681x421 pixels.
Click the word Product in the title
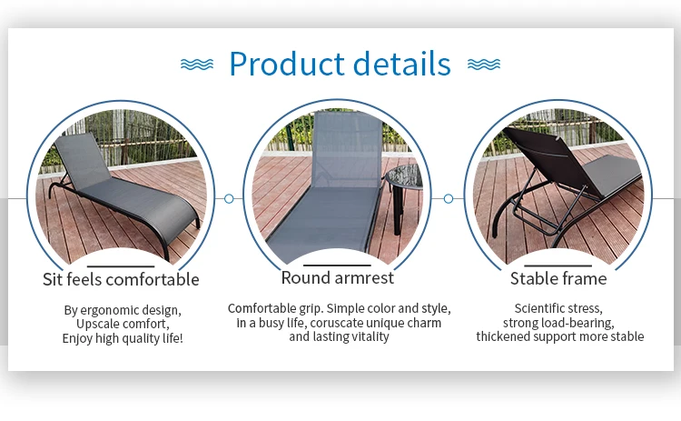tap(287, 64)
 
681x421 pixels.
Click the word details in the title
tap(402, 64)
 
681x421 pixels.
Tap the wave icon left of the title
tap(197, 65)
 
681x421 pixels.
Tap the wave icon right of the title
tap(484, 65)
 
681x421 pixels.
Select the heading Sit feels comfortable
tap(121, 279)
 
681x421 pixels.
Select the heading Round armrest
tap(338, 277)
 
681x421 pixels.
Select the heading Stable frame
tap(558, 278)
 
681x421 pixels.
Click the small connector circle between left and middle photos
tap(229, 199)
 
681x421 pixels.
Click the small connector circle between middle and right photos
tap(449, 199)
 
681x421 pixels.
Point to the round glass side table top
tap(405, 177)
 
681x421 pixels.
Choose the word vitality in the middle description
tap(370, 336)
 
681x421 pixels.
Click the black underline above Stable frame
tap(558, 266)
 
